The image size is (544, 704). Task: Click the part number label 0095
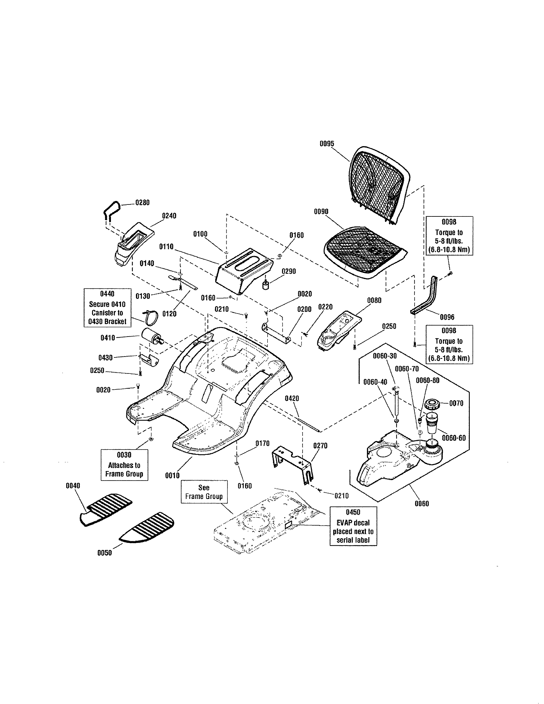327,144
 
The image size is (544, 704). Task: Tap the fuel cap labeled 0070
432,404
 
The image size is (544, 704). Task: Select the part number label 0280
142,203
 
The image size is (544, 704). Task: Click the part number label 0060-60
454,438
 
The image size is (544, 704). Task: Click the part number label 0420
292,399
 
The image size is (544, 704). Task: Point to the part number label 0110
166,247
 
